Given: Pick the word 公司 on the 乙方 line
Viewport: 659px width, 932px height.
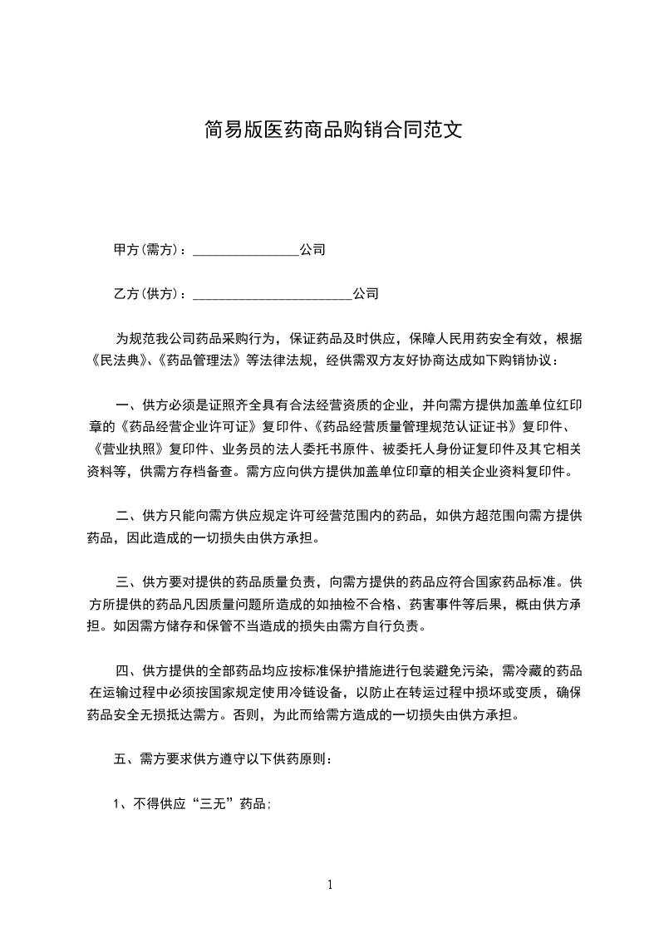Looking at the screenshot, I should click(x=366, y=294).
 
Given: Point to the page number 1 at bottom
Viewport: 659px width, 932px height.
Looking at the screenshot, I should click(x=330, y=885).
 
